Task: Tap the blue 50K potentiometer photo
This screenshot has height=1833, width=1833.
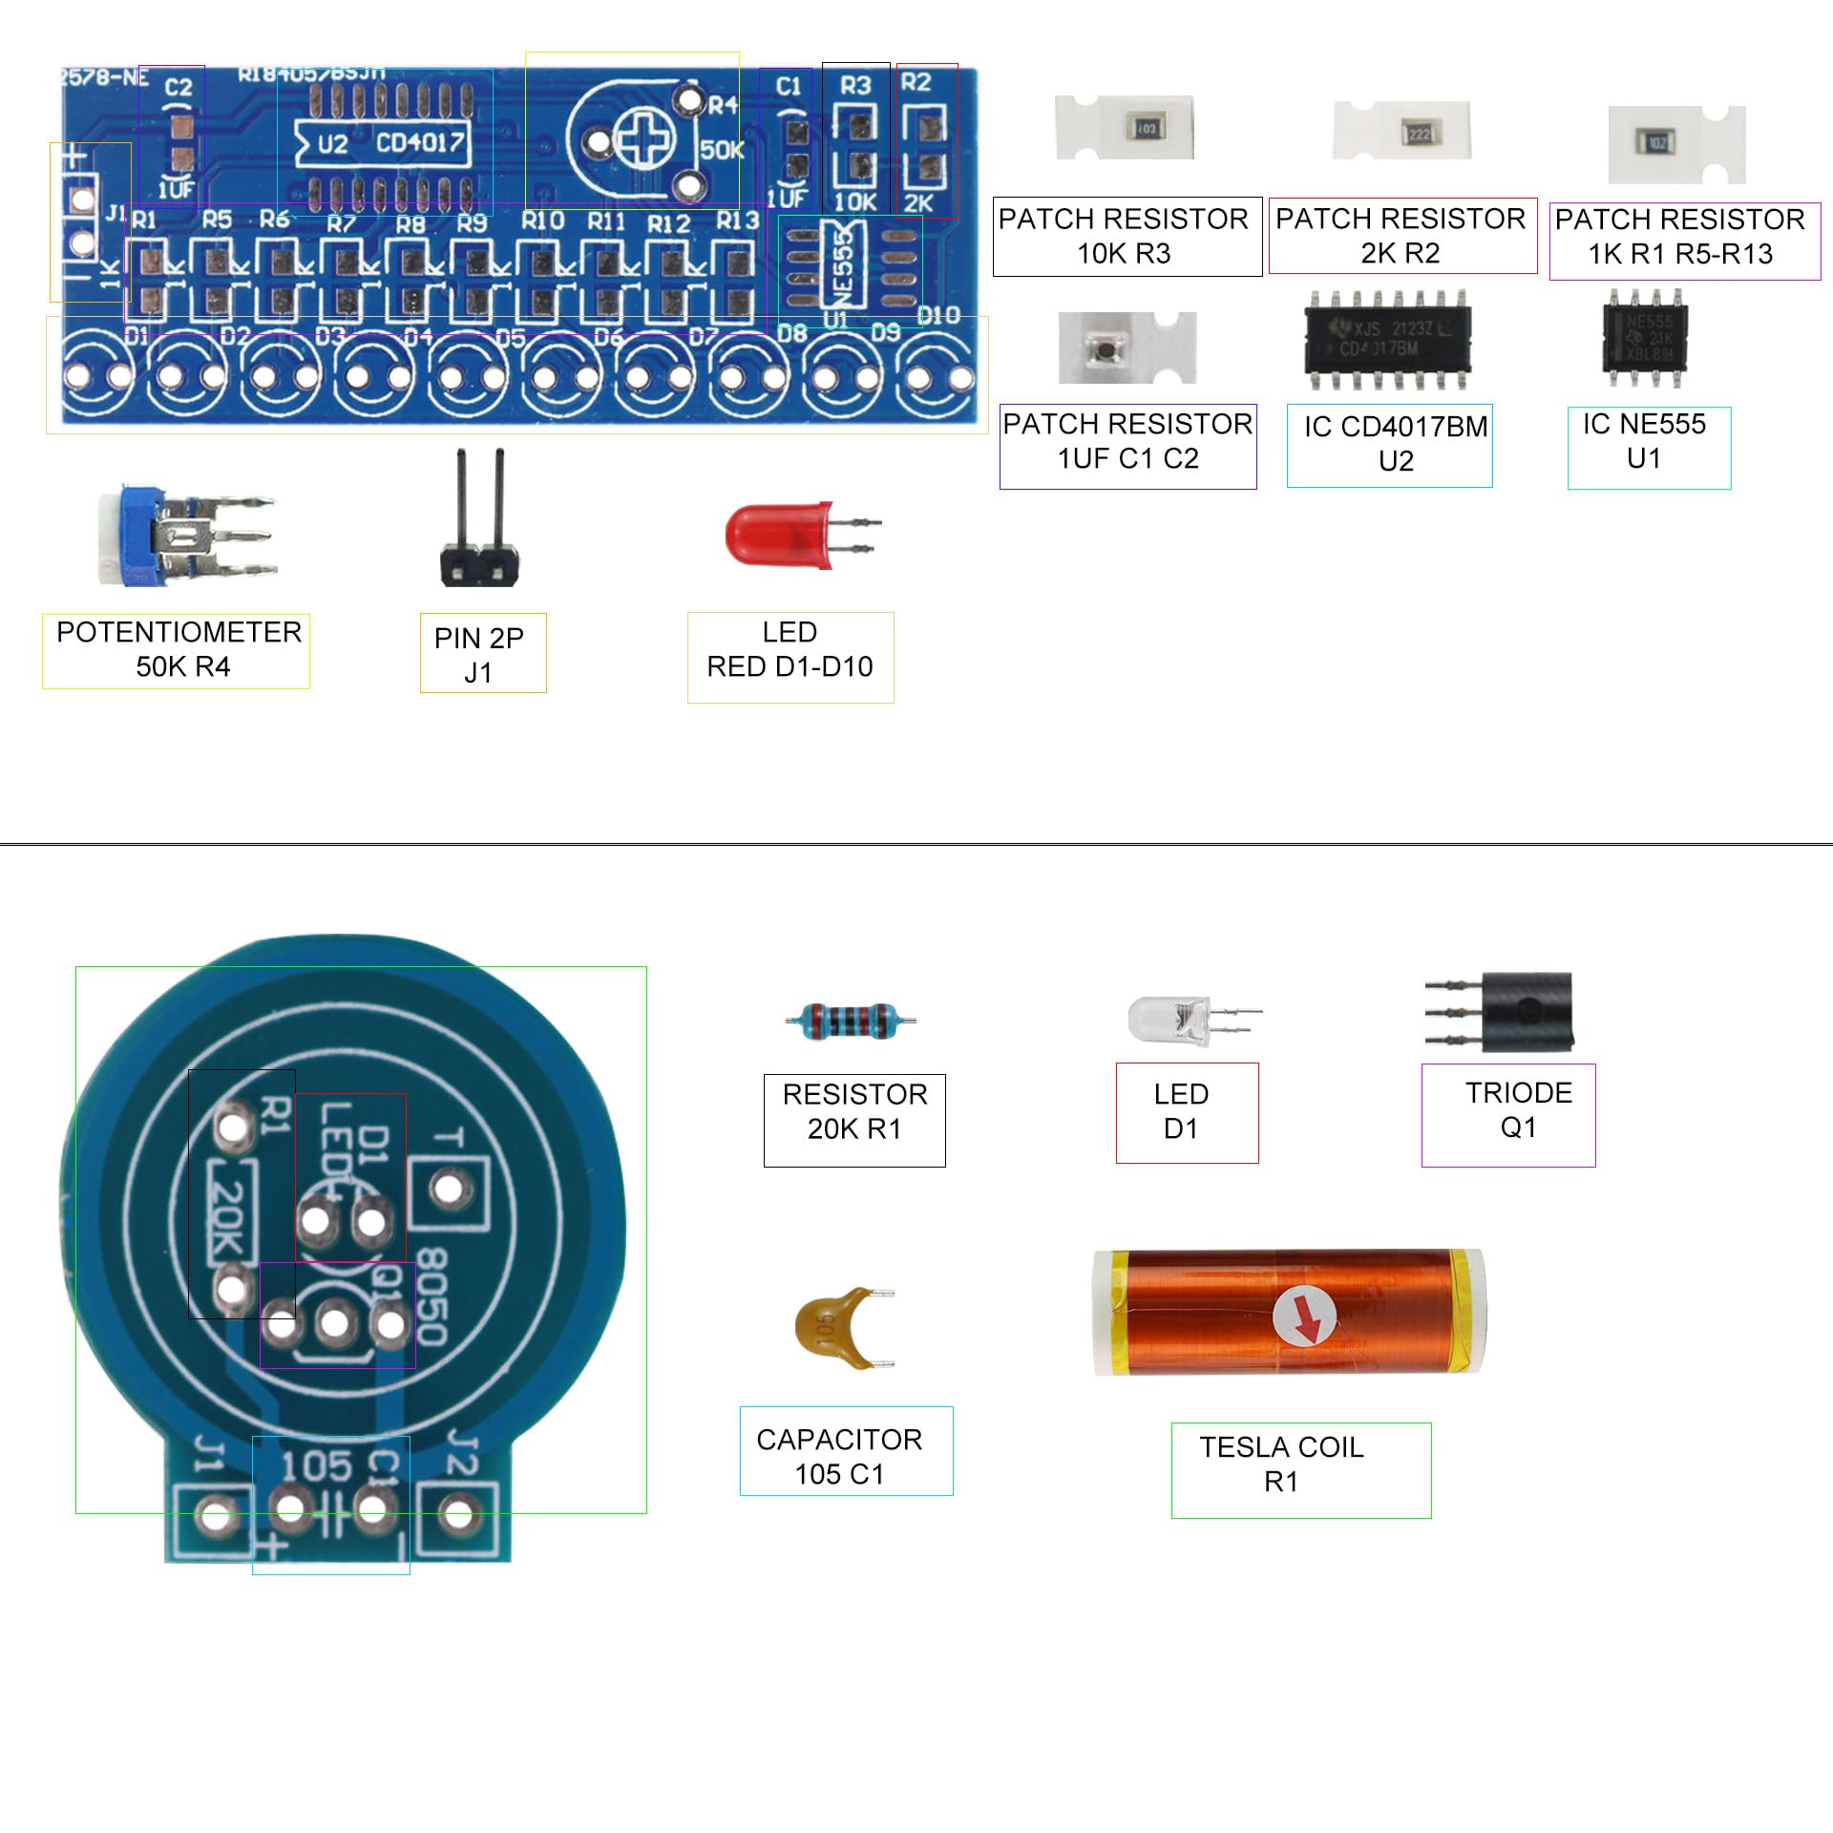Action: pos(181,537)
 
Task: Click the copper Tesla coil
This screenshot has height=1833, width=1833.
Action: pos(1289,1313)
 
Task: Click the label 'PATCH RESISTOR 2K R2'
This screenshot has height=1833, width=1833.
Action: pos(1401,236)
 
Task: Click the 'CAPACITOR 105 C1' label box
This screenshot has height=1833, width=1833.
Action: pos(846,1450)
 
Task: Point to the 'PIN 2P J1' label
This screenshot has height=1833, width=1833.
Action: pos(483,653)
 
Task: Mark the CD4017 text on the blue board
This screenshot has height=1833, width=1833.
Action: pos(420,143)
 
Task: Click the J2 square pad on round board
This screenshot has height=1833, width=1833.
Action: pos(459,1514)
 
